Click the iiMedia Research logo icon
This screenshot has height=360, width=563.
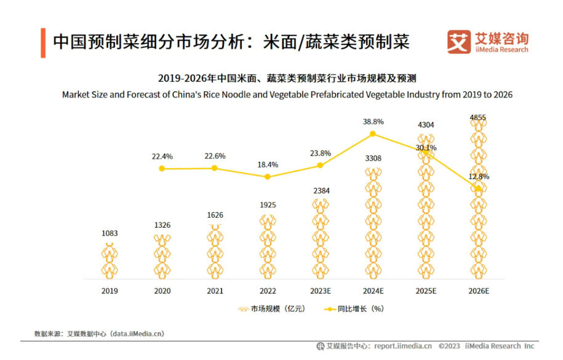(x=458, y=41)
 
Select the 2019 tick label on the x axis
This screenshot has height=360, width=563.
(x=110, y=290)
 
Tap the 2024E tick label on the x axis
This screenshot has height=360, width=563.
(x=373, y=290)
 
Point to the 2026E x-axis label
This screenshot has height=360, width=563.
(x=478, y=290)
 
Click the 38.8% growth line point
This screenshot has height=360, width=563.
(x=373, y=134)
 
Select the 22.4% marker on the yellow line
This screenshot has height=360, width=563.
(x=162, y=168)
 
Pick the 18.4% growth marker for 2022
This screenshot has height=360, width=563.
(x=267, y=177)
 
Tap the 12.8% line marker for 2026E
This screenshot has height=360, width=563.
(x=478, y=189)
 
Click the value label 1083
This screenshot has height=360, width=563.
(x=110, y=233)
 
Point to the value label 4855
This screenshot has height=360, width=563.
(x=478, y=117)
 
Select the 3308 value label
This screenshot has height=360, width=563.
(x=373, y=158)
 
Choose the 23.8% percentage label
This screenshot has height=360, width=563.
(x=320, y=153)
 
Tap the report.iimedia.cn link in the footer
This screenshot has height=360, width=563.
(x=403, y=346)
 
